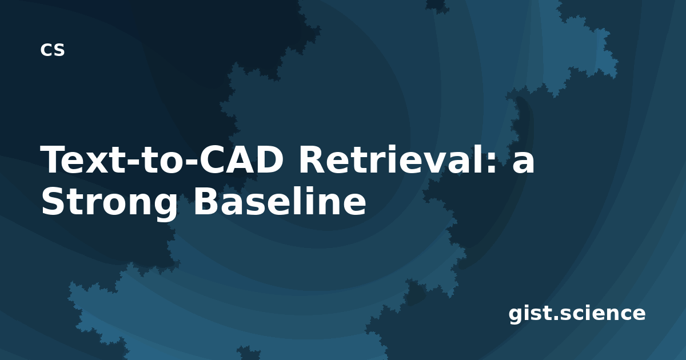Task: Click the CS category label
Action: [x=53, y=50]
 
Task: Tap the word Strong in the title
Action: [x=109, y=203]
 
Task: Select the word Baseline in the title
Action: [x=280, y=201]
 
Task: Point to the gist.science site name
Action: [x=577, y=314]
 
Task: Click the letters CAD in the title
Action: [x=241, y=159]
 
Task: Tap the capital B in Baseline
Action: [x=206, y=201]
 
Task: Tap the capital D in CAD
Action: [x=269, y=160]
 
